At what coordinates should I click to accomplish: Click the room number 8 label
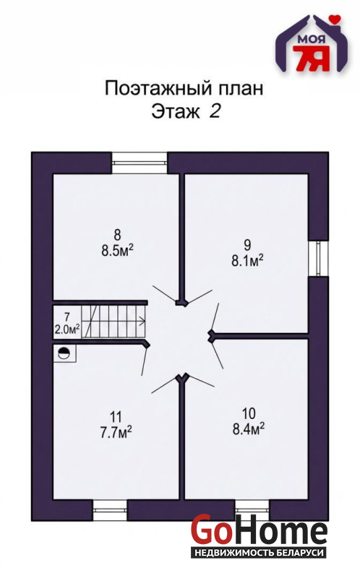point(117,235)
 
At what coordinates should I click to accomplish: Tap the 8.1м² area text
point(247,261)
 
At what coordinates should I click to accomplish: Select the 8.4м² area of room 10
point(249,428)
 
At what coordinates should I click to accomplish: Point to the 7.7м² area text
point(116,432)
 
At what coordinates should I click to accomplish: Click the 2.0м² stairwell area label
point(67,329)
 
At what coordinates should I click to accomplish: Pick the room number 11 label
point(116,417)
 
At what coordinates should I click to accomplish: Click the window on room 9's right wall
point(318,258)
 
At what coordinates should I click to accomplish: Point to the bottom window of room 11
point(110,509)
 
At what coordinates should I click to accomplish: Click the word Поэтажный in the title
point(158,89)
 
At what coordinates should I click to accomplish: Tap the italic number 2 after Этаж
point(215,111)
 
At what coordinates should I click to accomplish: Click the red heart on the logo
point(335,18)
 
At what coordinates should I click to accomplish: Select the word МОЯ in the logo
point(309,39)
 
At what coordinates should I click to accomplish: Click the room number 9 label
point(247,245)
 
